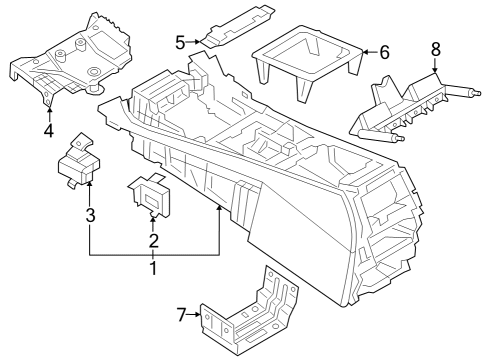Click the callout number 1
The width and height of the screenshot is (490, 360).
[153, 269]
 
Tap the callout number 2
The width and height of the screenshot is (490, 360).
[153, 240]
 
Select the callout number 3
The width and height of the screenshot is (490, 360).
[89, 214]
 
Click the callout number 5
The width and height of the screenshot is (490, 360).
[180, 42]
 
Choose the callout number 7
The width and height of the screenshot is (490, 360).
[181, 315]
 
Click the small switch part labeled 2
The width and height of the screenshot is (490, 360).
[151, 194]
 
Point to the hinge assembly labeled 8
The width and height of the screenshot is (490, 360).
[410, 105]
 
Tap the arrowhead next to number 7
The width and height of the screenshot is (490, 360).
[197, 315]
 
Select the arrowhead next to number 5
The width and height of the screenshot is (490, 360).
[198, 42]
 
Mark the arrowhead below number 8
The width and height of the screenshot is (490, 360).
[435, 71]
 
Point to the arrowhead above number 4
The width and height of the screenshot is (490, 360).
[48, 106]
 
